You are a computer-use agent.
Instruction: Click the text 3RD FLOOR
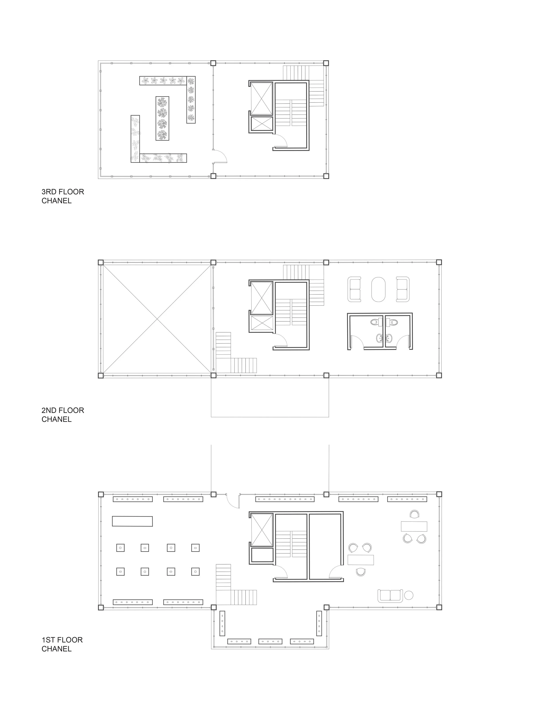63,192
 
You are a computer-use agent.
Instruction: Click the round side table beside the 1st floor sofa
409,595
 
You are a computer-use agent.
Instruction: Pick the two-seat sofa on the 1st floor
390,596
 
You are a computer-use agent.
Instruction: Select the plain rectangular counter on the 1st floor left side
132,521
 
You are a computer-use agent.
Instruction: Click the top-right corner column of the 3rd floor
326,63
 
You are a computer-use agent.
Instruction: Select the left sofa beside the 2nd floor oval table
355,289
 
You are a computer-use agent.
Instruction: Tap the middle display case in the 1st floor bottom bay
270,641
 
